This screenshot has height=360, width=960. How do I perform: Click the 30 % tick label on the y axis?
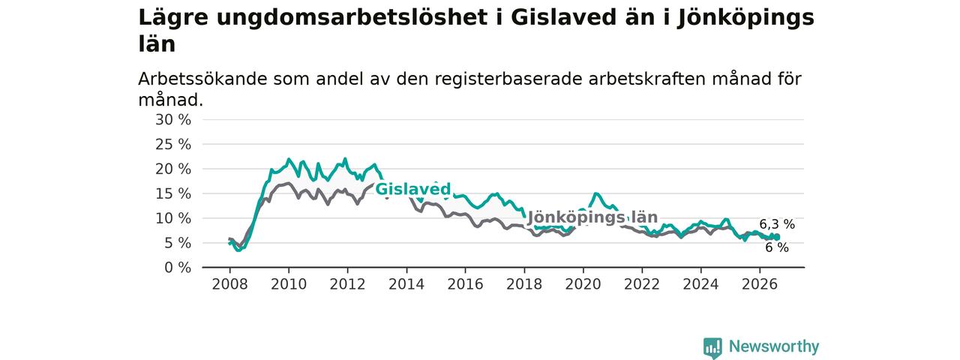[173, 120]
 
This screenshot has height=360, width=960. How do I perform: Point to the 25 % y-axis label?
[173, 145]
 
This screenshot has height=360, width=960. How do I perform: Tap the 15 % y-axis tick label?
[173, 193]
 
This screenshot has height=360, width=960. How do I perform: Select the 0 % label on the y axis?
[178, 268]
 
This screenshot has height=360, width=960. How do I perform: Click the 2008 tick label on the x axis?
[229, 284]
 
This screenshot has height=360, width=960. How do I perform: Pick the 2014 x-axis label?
[406, 284]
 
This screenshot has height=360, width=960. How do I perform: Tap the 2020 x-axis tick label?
[583, 284]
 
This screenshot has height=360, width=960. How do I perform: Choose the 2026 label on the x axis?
[760, 284]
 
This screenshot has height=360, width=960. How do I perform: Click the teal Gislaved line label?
[413, 189]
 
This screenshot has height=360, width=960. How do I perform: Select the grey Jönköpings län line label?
[592, 217]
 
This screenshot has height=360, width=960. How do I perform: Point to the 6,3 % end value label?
[777, 224]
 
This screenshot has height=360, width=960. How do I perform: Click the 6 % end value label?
[777, 247]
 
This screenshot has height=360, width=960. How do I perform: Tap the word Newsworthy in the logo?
[774, 346]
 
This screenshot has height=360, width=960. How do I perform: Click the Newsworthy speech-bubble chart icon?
[712, 347]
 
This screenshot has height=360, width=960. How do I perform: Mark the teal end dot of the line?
[777, 237]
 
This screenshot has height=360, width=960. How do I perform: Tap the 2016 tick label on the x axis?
[465, 284]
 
